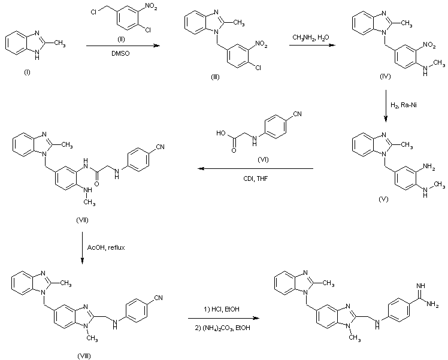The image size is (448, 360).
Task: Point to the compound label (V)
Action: coord(384,198)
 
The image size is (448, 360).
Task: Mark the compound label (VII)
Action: coord(83,220)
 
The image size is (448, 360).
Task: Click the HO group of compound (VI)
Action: coord(222,129)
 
